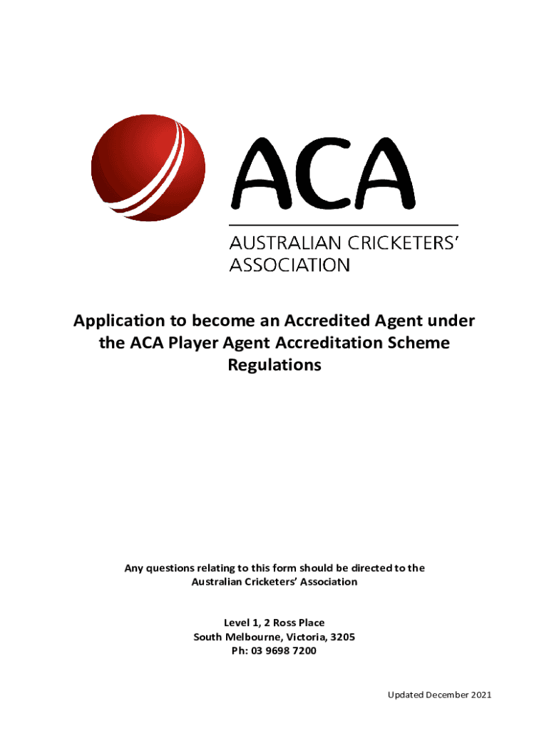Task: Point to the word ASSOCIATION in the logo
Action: coord(289,266)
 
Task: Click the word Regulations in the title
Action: coord(274,365)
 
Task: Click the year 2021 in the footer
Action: coord(480,695)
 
